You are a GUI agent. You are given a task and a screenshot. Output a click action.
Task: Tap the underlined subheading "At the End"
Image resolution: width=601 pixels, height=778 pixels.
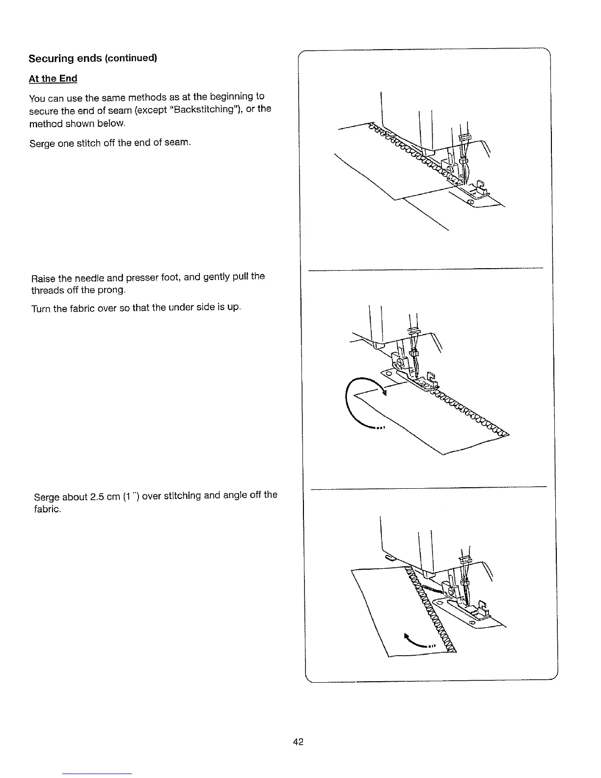(x=53, y=79)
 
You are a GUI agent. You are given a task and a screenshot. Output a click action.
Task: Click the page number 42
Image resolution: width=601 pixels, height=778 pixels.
(x=298, y=742)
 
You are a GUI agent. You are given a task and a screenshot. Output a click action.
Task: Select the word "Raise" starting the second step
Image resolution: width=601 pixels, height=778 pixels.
(x=42, y=278)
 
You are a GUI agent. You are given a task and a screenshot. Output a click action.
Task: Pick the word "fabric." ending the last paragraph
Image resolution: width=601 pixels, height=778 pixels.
(x=48, y=509)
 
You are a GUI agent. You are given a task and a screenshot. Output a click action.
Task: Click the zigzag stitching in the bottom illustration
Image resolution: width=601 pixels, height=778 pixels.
(x=432, y=614)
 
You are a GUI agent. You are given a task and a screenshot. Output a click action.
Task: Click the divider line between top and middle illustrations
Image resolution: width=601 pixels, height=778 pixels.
(x=425, y=269)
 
